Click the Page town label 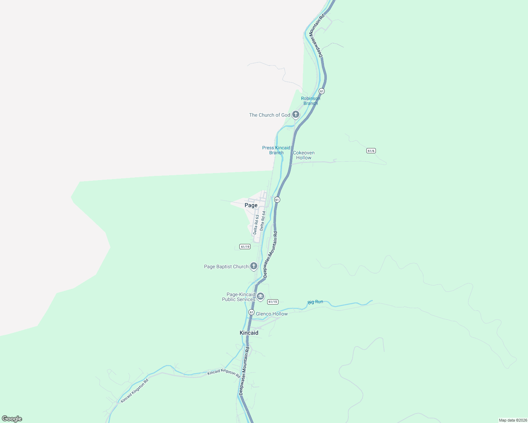click(x=251, y=205)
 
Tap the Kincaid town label click(x=249, y=333)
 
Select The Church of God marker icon click(x=296, y=115)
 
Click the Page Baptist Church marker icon click(x=253, y=266)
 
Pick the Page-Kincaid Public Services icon click(x=260, y=297)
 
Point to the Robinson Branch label click(x=311, y=101)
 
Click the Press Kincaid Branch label click(x=276, y=150)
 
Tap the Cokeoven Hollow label click(x=304, y=155)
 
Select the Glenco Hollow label click(x=272, y=314)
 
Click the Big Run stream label click(x=315, y=302)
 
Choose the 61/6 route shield click(x=371, y=151)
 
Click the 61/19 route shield click(x=245, y=247)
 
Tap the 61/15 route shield click(x=273, y=302)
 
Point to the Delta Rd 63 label click(x=256, y=225)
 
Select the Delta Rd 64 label click(x=263, y=221)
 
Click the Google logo click(x=12, y=419)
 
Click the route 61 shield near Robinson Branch click(x=322, y=91)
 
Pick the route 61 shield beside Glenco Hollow click(x=251, y=312)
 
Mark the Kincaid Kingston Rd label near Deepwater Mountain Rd click(x=224, y=372)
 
